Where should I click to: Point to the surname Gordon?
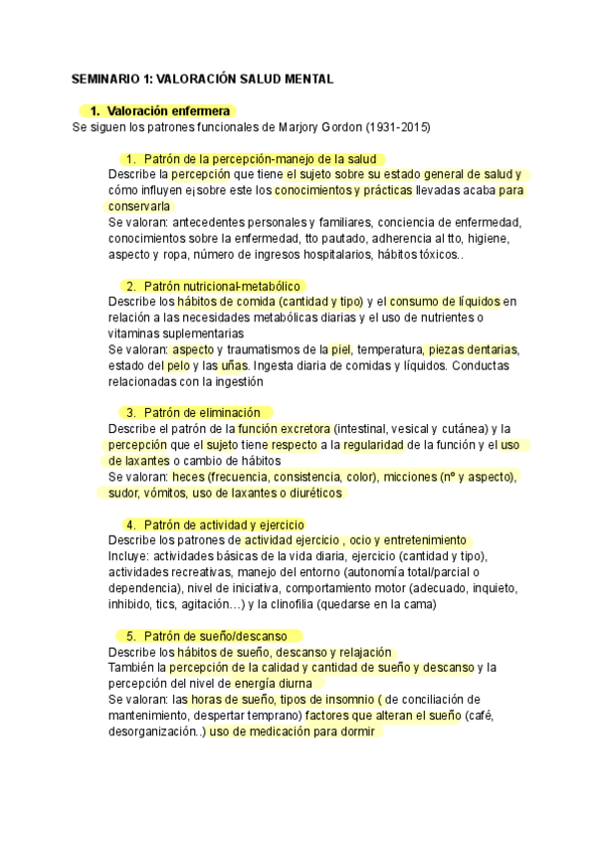click(x=337, y=127)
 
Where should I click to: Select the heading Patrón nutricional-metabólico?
click(x=222, y=287)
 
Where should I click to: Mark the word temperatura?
click(x=388, y=349)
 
